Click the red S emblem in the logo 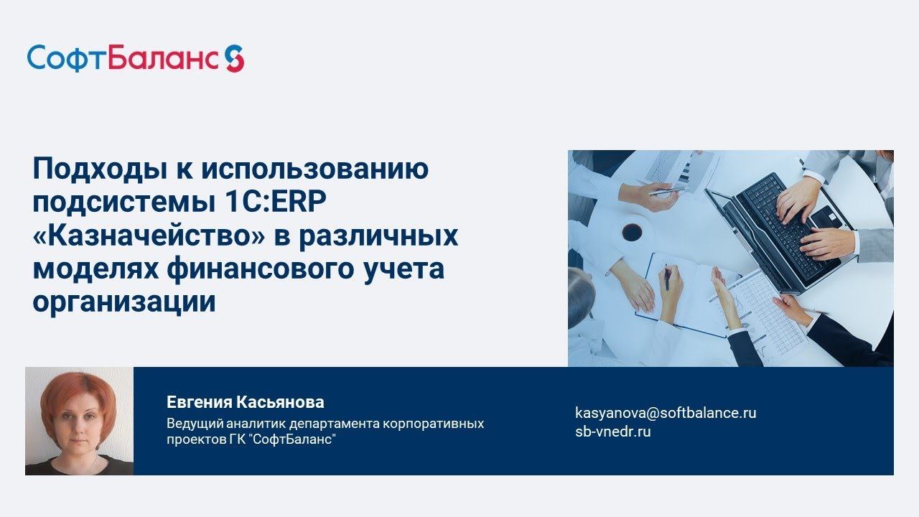pos(234,58)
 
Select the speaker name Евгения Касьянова pos(245,402)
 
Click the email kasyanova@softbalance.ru pos(666,413)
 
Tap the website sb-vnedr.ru pos(612,432)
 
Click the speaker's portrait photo pos(79,421)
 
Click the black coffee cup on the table pos(632,231)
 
